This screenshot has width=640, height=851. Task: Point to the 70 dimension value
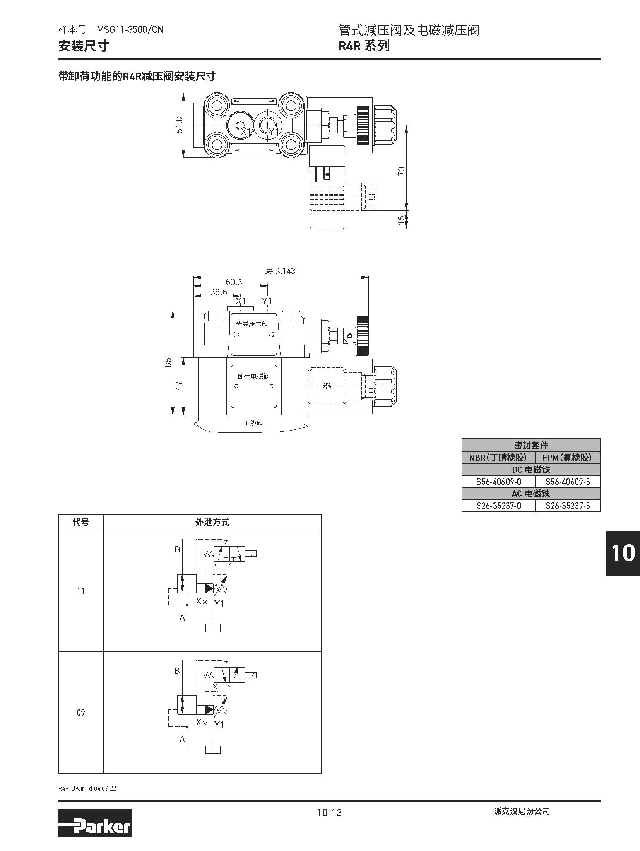pyautogui.click(x=401, y=171)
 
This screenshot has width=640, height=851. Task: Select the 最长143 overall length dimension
pyautogui.click(x=280, y=271)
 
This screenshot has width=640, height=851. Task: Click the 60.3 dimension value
pyautogui.click(x=234, y=282)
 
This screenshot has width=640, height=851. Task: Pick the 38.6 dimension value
pyautogui.click(x=219, y=292)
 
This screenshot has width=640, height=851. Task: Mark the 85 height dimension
pyautogui.click(x=168, y=362)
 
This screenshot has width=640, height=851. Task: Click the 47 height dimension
pyautogui.click(x=179, y=386)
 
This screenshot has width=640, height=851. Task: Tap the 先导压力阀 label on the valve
pyautogui.click(x=252, y=324)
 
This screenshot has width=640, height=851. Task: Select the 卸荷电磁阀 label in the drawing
pyautogui.click(x=253, y=376)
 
